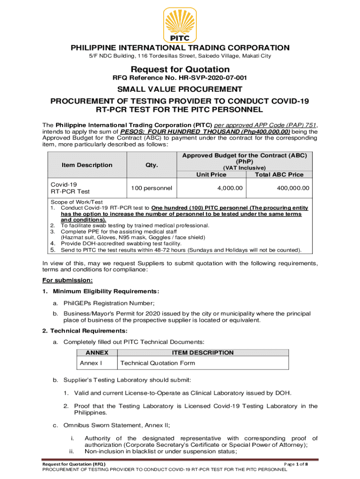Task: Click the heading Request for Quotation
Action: click(180, 70)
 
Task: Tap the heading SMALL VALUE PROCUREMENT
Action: click(180, 89)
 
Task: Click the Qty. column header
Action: click(151, 165)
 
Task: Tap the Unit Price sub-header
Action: click(211, 174)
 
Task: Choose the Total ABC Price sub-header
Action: click(279, 174)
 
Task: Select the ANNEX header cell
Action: click(97, 353)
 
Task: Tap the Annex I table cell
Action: click(91, 363)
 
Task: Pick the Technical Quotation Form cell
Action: click(158, 363)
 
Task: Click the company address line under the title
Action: click(180, 56)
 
